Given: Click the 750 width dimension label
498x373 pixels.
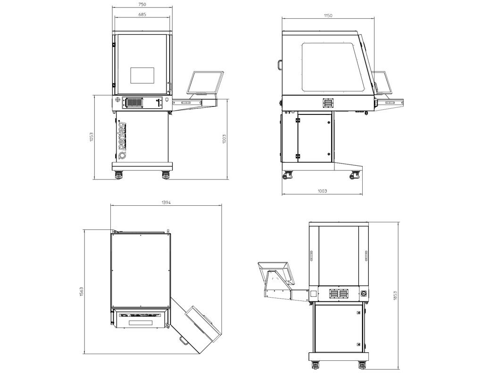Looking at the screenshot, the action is [142, 4].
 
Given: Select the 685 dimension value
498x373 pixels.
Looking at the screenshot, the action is [142, 15].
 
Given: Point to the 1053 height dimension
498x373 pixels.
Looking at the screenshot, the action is [92, 137].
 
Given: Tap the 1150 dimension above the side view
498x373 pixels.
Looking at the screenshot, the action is [328, 16].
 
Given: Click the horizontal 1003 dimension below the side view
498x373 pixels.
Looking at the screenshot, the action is [323, 191].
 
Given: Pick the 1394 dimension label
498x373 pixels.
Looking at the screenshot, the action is [166, 203].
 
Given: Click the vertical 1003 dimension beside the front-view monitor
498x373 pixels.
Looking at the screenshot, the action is [224, 138].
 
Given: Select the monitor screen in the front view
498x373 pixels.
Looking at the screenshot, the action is [205, 82].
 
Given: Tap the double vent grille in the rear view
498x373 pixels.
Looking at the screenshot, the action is [339, 294].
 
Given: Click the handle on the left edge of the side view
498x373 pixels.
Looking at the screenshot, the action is [280, 64].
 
